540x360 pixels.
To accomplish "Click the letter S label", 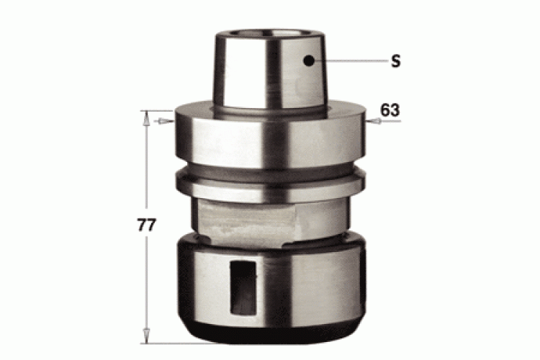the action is (x=396, y=61).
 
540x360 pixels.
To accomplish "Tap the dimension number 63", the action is (x=390, y=110).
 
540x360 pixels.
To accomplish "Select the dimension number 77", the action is (x=147, y=225).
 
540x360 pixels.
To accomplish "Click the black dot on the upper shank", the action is (x=309, y=61).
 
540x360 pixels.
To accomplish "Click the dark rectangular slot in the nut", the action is (x=243, y=288).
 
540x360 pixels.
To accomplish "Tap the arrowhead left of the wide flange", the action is (x=166, y=121).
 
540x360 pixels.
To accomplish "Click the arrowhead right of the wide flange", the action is (x=374, y=121).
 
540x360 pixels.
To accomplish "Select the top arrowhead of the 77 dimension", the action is (x=147, y=118).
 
